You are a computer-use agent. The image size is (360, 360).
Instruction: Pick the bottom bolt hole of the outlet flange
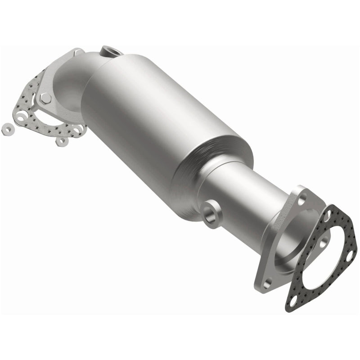(x=269, y=283)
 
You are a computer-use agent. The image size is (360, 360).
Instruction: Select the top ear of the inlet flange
(x=76, y=54)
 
